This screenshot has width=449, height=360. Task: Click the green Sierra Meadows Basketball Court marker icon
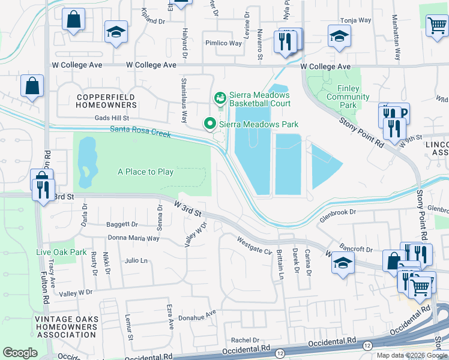[x=220, y=97]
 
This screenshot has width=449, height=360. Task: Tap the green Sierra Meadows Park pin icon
[x=209, y=124]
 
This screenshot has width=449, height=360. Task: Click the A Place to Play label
[x=145, y=172]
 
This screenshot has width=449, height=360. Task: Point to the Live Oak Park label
[x=61, y=252]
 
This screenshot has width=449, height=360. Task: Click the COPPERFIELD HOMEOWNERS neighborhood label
[x=106, y=100]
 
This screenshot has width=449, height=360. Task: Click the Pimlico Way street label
[x=223, y=43]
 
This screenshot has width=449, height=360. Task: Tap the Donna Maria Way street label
[x=133, y=238]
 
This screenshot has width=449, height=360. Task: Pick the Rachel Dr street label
[x=249, y=339]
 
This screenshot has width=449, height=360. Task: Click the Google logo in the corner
[x=20, y=353]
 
